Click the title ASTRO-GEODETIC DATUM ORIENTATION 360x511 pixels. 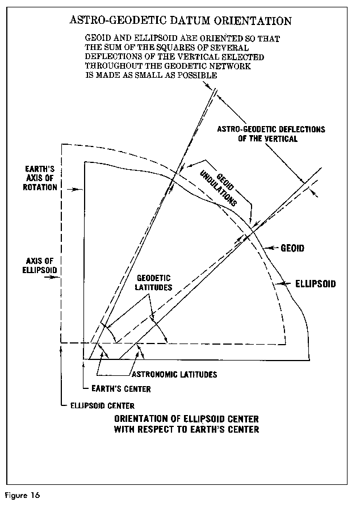pyautogui.click(x=181, y=21)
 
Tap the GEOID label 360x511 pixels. pyautogui.click(x=293, y=248)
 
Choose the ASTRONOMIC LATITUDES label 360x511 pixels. pyautogui.click(x=174, y=375)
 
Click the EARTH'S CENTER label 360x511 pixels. pyautogui.click(x=121, y=389)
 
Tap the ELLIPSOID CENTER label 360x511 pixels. pyautogui.click(x=102, y=405)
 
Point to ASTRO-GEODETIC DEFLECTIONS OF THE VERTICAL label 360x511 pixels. pyautogui.click(x=271, y=133)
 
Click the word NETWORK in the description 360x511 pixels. pyautogui.click(x=249, y=66)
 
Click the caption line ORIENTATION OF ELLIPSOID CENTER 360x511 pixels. pyautogui.click(x=187, y=419)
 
